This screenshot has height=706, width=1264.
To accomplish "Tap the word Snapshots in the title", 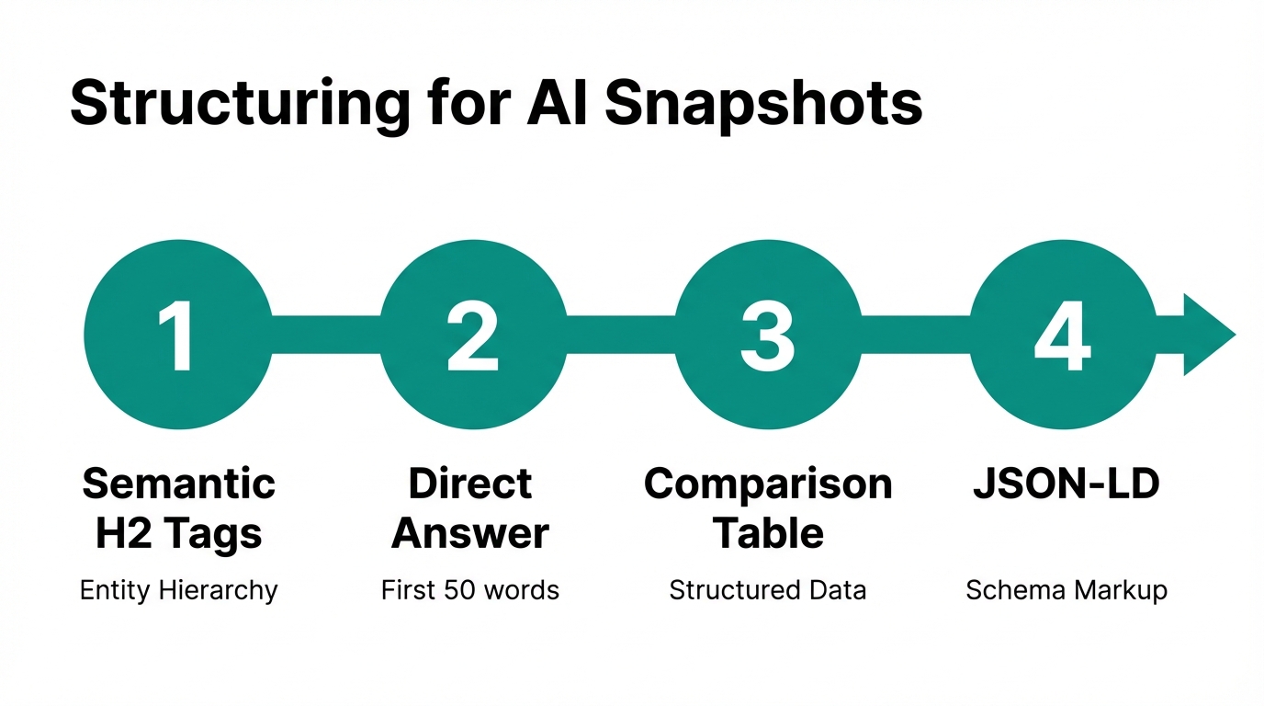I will [x=763, y=104].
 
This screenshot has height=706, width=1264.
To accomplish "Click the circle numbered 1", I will [x=177, y=335].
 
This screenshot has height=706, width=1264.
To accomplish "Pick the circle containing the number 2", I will [x=473, y=335].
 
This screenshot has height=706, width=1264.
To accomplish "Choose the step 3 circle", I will [x=768, y=335].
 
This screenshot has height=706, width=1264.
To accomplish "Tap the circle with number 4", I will [x=1063, y=335].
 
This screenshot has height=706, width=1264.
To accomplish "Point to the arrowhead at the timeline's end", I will [x=1207, y=335].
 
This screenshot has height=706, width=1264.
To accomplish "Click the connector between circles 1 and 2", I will [x=325, y=335].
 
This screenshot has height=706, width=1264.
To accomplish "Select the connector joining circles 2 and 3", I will [x=620, y=335].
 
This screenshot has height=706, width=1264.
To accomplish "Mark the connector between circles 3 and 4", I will [x=915, y=335].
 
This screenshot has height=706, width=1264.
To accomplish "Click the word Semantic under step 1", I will [x=179, y=484].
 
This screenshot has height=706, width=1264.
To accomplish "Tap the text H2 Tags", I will [x=179, y=533].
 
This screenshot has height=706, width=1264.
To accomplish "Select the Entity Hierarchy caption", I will [x=179, y=590].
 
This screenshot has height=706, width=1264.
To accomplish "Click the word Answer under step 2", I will [x=470, y=533].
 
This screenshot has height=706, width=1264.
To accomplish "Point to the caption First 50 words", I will [x=470, y=590].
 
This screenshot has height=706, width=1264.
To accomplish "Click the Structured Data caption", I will [x=768, y=590].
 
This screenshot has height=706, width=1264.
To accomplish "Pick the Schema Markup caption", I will [x=1066, y=590].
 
